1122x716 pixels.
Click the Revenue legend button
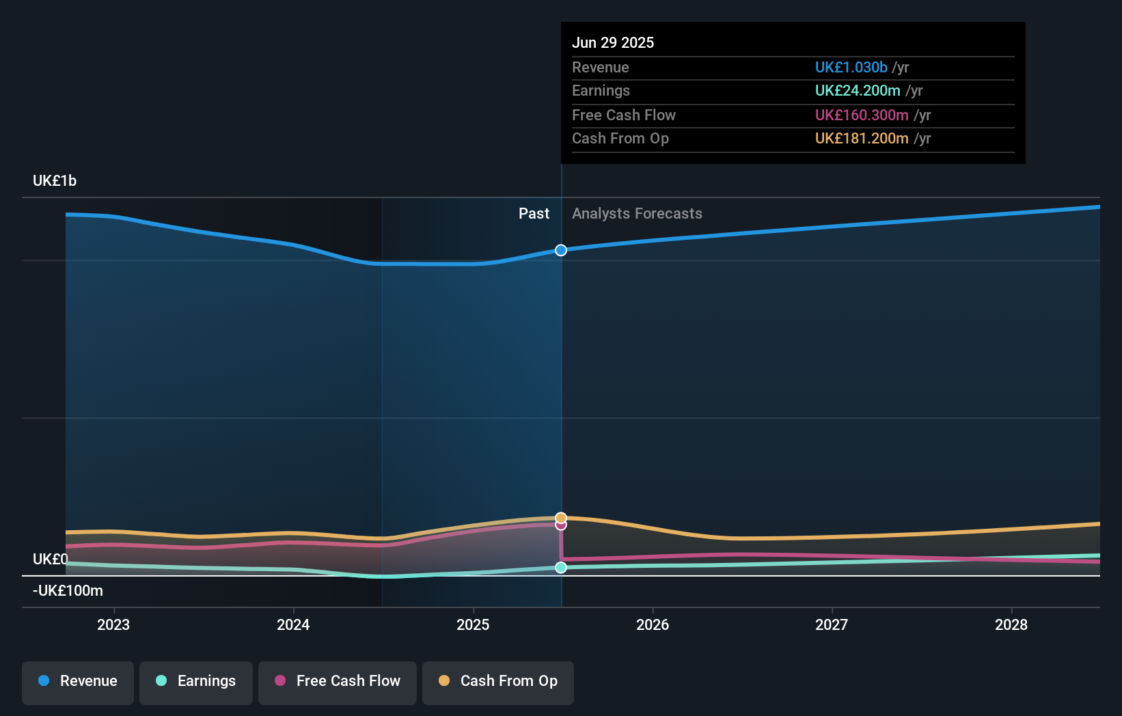pyautogui.click(x=78, y=681)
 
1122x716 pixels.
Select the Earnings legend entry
pyautogui.click(x=196, y=681)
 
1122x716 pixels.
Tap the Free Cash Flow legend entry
pyautogui.click(x=338, y=681)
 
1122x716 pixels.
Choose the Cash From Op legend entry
pyautogui.click(x=498, y=681)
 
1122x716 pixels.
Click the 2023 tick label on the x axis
pyautogui.click(x=113, y=624)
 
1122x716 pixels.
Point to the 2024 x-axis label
pyautogui.click(x=293, y=624)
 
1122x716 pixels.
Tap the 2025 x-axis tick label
pyautogui.click(x=473, y=624)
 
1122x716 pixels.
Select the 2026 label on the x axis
pyautogui.click(x=653, y=624)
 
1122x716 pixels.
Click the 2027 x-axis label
pyautogui.click(x=832, y=624)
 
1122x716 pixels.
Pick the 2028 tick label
pyautogui.click(x=1011, y=624)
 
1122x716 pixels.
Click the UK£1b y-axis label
pyautogui.click(x=55, y=181)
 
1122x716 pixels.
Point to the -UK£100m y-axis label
pyautogui.click(x=68, y=591)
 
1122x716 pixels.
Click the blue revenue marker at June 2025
pyautogui.click(x=561, y=250)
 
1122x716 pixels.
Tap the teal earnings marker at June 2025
pyautogui.click(x=561, y=567)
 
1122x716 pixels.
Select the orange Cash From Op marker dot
pyautogui.click(x=561, y=517)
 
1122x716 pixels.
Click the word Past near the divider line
pyautogui.click(x=534, y=214)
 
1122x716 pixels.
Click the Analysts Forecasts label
pyautogui.click(x=637, y=214)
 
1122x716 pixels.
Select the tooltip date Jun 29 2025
pyautogui.click(x=613, y=42)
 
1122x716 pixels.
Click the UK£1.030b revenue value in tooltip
pyautogui.click(x=851, y=68)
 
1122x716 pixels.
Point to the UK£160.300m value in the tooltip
pyautogui.click(x=862, y=115)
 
